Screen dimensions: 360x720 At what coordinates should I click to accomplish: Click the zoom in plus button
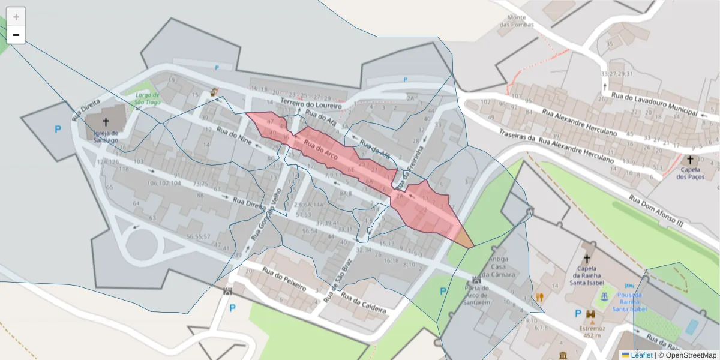coord(16,17)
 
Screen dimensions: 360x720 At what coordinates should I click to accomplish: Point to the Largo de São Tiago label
coord(147,98)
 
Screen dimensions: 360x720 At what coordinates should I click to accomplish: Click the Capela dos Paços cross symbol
coord(690,160)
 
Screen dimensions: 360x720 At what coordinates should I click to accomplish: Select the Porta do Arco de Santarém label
coord(478,295)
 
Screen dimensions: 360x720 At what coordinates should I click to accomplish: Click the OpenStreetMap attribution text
coord(687,355)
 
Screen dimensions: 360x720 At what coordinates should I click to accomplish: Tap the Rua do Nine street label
coord(235,139)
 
